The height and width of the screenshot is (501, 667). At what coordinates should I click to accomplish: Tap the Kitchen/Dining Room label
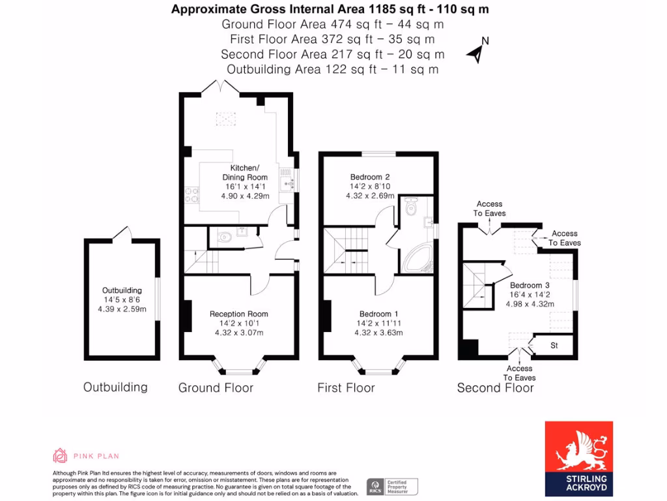pos(245,172)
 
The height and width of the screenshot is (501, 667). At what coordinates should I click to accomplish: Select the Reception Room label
pos(238,314)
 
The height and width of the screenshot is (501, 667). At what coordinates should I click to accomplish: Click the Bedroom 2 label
pos(370,177)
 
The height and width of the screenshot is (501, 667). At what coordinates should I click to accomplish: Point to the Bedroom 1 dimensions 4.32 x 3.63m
pos(378,333)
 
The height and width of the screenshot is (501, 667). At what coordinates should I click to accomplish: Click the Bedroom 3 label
pos(530,285)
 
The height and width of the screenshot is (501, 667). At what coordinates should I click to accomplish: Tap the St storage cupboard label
pos(554,345)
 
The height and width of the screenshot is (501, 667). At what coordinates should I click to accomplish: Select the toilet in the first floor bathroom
pos(410,208)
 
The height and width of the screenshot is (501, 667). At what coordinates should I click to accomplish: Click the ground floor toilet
pos(224,237)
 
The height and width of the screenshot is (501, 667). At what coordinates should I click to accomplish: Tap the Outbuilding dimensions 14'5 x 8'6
pos(121,299)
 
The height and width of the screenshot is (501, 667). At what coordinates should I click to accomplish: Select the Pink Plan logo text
pos(96,457)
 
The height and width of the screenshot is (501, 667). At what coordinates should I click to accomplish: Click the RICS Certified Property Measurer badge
pos(392,486)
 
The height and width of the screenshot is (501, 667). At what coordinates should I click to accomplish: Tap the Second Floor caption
pos(495,388)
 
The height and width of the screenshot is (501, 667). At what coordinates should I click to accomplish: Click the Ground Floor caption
pos(216,388)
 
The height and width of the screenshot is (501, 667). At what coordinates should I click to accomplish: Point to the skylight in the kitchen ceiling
pos(226,118)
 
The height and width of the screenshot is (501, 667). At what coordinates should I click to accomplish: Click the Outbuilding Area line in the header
pos(332,69)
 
